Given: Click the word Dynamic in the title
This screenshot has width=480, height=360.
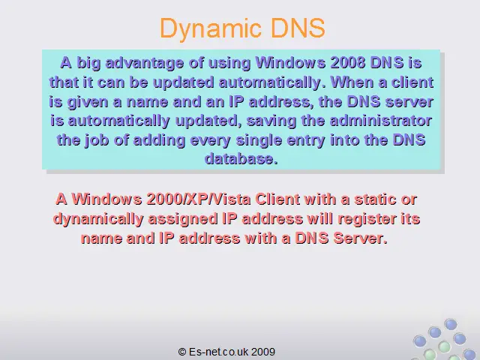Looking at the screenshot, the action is tap(211, 29).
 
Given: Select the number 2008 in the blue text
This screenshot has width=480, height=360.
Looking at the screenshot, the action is tap(348, 63).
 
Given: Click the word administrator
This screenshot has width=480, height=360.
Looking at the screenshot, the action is tap(381, 121).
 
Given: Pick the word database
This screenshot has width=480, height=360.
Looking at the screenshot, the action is tap(241, 159).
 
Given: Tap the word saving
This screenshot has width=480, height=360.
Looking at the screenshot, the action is tap(271, 121).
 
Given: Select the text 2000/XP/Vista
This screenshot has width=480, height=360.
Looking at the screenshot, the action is tap(199, 199).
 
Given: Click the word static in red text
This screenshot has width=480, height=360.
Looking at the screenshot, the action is tap(375, 199).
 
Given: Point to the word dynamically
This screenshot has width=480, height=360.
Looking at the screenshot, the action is tap(98, 220).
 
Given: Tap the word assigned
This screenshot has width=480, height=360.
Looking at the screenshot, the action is tap(183, 220).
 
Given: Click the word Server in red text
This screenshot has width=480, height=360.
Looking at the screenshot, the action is tap(360, 238).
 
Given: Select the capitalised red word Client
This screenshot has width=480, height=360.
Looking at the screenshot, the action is tap(277, 199).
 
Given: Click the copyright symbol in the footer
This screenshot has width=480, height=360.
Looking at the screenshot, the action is tap(181, 352).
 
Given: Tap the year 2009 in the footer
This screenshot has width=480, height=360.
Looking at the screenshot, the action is tap(263, 352).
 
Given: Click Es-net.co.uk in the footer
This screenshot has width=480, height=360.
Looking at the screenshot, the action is tap(218, 352).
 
